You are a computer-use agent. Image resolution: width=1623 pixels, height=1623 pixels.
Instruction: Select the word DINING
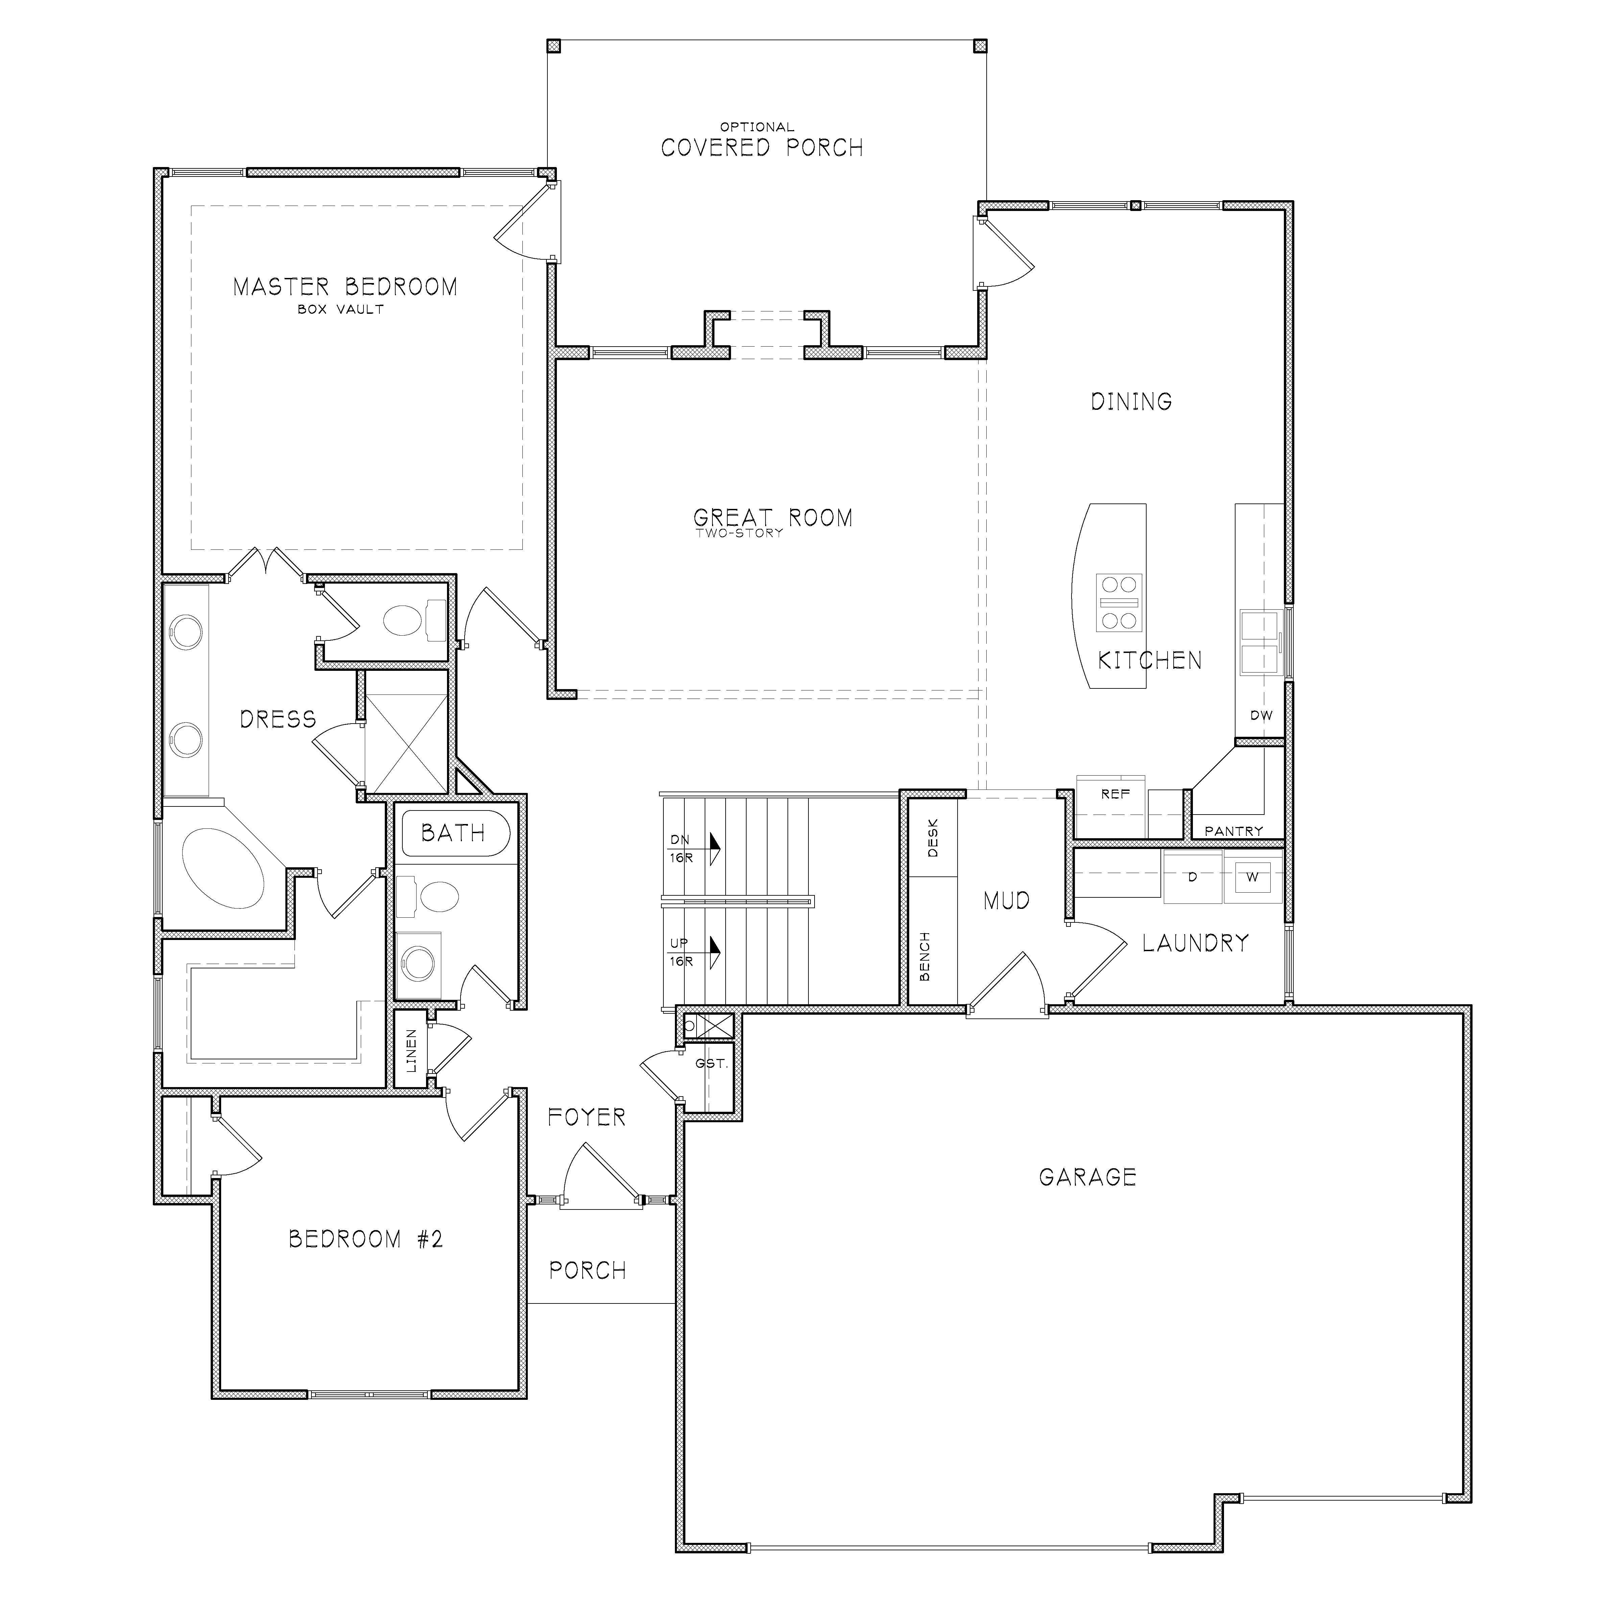coord(1131,402)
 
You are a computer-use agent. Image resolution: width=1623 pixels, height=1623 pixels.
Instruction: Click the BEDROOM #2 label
coord(366,1239)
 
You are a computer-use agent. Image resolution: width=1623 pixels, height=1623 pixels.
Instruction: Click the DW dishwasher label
coord(1261,716)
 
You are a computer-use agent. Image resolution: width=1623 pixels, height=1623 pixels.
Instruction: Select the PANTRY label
coord(1233,831)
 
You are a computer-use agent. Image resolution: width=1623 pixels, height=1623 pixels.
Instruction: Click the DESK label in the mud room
coord(933,839)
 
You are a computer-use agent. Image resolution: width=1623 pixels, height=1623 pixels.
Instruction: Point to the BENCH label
coord(925,956)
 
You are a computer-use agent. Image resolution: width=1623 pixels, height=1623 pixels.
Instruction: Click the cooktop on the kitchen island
coord(1118,602)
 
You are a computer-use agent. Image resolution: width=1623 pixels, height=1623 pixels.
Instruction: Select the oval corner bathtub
coord(225,868)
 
